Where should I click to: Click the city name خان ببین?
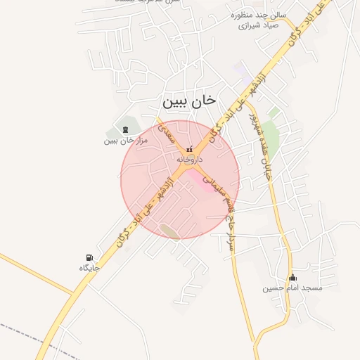[189, 102]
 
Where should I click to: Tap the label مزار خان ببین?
[124, 140]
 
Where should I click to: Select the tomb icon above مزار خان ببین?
[125, 129]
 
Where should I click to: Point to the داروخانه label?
[189, 160]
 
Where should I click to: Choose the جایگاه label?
[89, 268]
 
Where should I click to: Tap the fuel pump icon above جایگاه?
[89, 257]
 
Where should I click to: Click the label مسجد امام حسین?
[292, 288]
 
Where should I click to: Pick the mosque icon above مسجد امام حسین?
[292, 277]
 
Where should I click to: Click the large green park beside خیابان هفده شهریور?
[271, 134]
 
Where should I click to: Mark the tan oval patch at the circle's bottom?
[169, 231]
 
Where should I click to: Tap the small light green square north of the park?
[274, 112]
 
